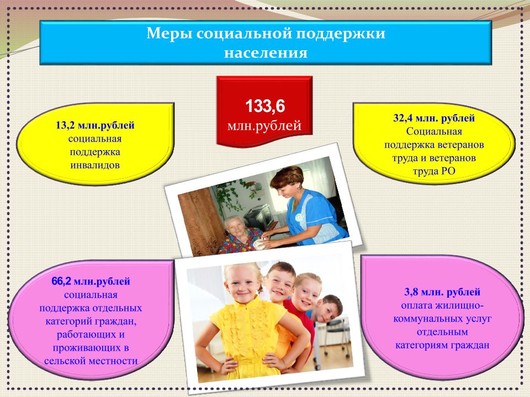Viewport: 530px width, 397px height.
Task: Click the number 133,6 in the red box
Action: click(x=265, y=106)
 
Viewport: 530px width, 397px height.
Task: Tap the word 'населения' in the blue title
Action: click(x=266, y=53)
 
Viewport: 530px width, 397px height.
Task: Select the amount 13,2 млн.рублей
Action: click(x=95, y=125)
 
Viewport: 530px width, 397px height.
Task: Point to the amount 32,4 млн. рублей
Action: click(x=434, y=118)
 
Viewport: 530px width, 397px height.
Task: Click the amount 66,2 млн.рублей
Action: click(x=91, y=281)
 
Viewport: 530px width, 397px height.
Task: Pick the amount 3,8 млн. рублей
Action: click(x=442, y=292)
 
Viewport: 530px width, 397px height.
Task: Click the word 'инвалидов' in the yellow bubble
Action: click(x=95, y=165)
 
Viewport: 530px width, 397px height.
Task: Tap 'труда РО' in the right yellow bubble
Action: click(x=434, y=171)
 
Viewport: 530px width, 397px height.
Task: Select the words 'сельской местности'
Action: click(x=91, y=361)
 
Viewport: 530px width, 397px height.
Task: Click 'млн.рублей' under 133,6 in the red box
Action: click(x=264, y=126)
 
